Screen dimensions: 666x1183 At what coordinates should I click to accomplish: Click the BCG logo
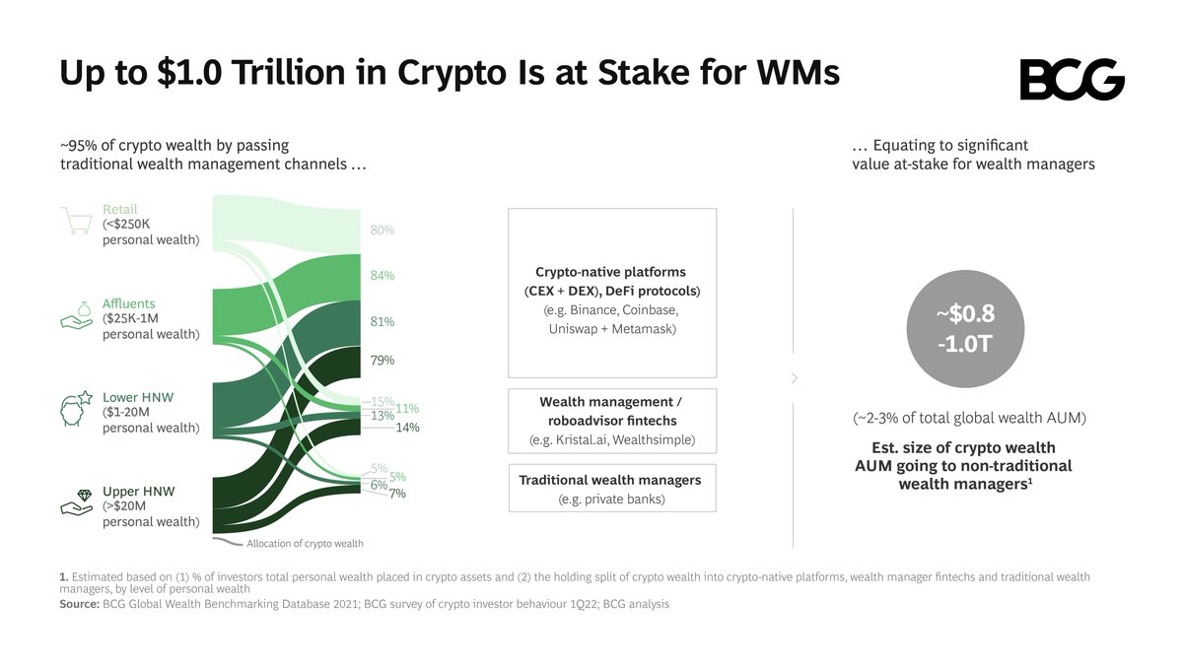click(1072, 79)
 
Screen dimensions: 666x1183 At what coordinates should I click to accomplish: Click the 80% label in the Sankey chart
click(382, 230)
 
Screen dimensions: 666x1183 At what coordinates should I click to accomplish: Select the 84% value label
click(382, 276)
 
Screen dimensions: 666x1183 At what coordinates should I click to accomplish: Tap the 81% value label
click(382, 322)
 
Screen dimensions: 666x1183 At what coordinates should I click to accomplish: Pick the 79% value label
click(382, 361)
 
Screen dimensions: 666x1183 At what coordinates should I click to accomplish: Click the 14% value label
click(407, 428)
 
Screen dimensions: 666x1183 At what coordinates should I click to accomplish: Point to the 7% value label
click(397, 494)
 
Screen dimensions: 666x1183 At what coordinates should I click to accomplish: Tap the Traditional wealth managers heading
click(610, 480)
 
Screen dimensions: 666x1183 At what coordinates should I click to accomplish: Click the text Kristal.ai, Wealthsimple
click(611, 439)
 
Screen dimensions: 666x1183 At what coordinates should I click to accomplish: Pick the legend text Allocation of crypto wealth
click(305, 543)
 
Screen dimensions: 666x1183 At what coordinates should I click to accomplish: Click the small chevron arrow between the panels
click(795, 378)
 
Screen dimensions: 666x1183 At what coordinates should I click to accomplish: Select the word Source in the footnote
click(79, 604)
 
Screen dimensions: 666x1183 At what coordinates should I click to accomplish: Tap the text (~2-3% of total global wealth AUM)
click(970, 419)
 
